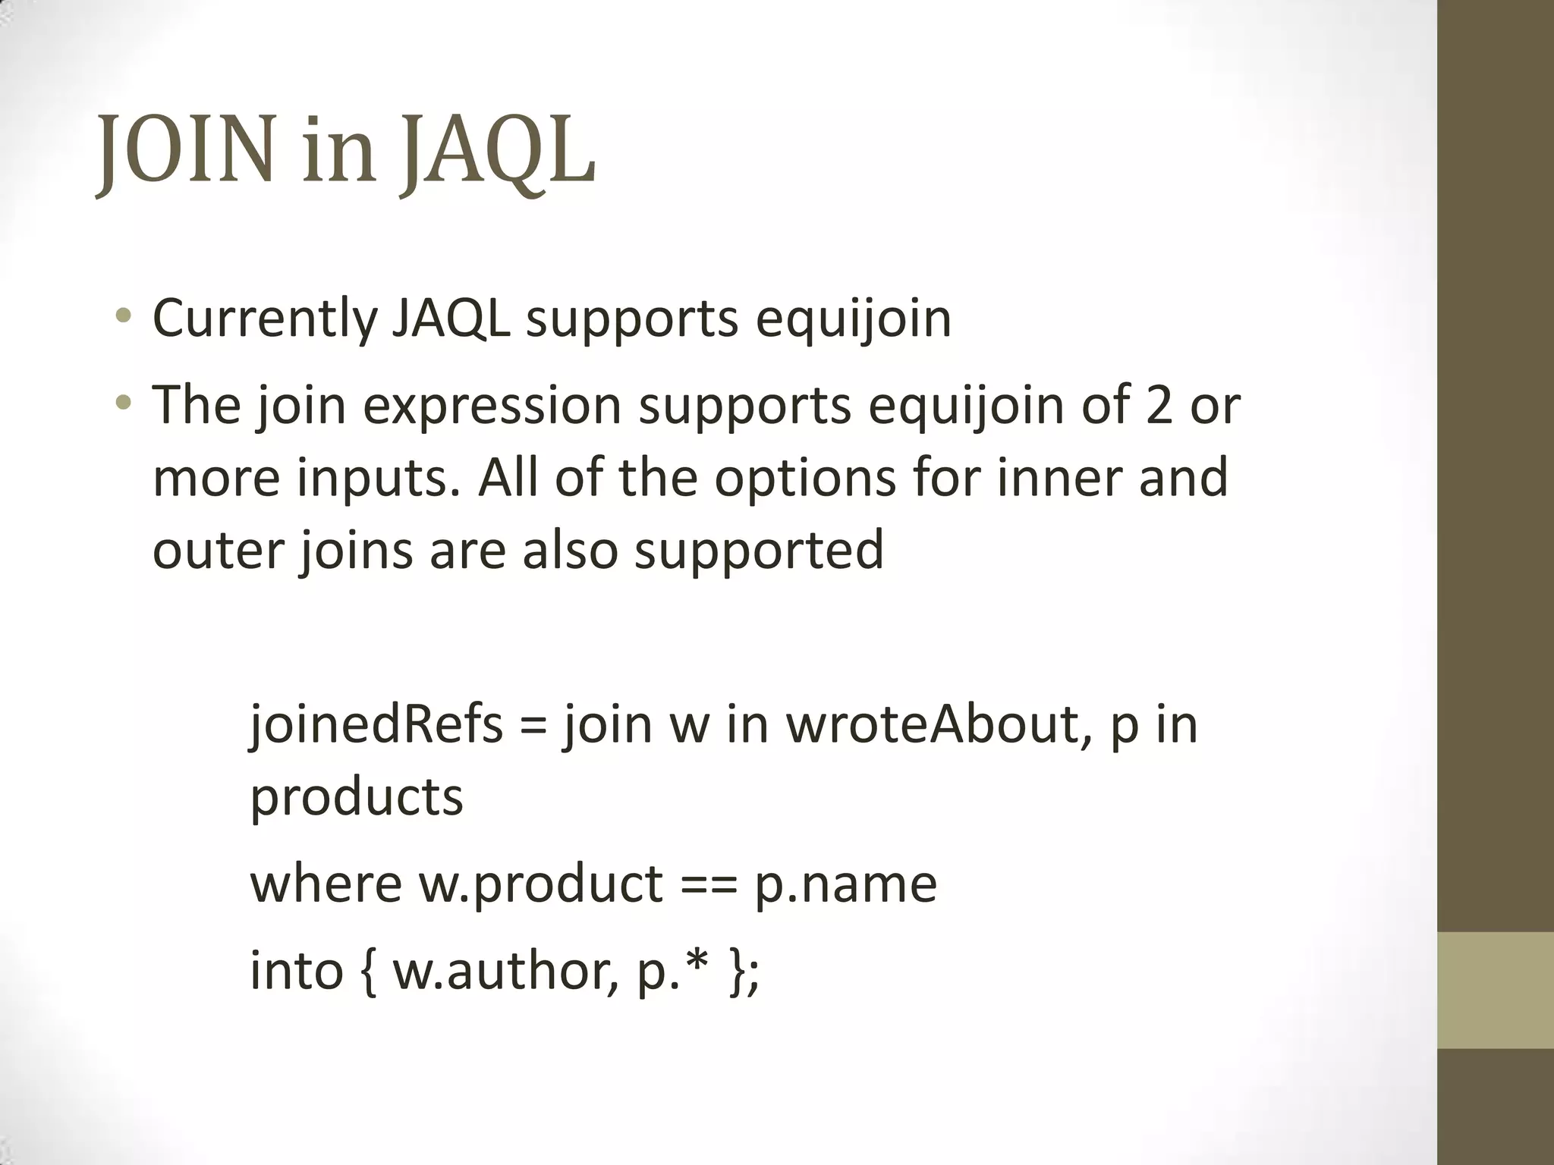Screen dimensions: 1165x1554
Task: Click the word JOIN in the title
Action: click(x=186, y=152)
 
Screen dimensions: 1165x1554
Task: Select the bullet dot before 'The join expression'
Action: click(x=124, y=403)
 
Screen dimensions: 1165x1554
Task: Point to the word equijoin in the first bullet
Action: click(x=853, y=319)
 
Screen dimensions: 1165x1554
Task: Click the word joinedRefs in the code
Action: click(x=376, y=724)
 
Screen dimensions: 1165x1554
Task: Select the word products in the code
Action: click(x=356, y=798)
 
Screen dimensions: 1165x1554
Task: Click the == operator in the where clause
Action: click(x=709, y=884)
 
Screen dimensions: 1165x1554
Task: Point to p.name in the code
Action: click(x=846, y=884)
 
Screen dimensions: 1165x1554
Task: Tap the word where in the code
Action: click(x=326, y=884)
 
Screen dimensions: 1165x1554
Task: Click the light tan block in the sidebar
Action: click(x=1495, y=990)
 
